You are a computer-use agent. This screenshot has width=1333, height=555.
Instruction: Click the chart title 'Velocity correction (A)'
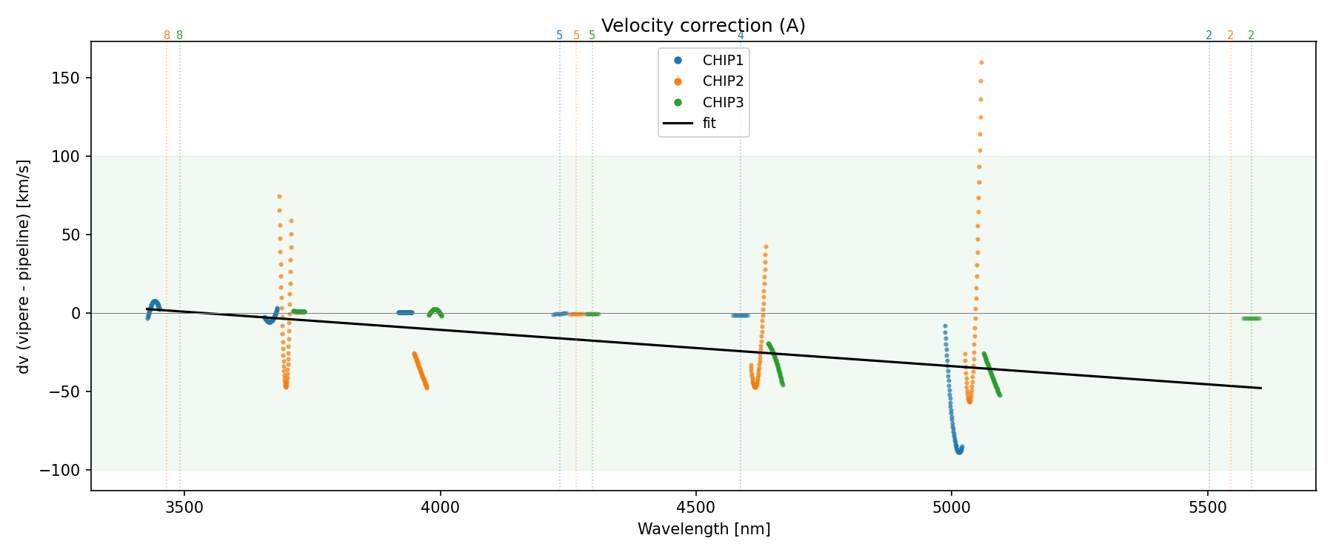(703, 26)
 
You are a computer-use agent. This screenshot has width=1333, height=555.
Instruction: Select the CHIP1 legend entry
(722, 61)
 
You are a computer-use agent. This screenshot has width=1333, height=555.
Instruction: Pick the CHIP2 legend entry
(722, 81)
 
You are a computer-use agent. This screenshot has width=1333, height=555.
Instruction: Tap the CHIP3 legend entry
(722, 103)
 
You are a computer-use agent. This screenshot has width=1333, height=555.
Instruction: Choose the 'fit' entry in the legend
(709, 124)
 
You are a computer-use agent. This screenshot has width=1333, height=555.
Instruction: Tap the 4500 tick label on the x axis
(696, 508)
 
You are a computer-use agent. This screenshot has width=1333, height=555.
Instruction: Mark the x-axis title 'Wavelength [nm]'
(704, 529)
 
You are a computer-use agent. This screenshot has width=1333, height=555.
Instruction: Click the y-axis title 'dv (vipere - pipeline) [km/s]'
(24, 266)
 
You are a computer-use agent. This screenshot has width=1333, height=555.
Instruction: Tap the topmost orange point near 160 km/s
(981, 63)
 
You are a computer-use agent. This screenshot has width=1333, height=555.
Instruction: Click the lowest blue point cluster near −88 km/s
(959, 450)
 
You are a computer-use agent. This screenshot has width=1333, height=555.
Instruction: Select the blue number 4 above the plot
(741, 36)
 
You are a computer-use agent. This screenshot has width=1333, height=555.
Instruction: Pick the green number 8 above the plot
(179, 36)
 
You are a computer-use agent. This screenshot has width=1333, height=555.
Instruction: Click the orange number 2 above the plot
(1230, 36)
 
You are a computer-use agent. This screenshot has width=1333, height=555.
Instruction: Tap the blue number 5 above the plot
(559, 36)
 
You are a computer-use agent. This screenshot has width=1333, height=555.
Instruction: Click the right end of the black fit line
(1260, 388)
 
